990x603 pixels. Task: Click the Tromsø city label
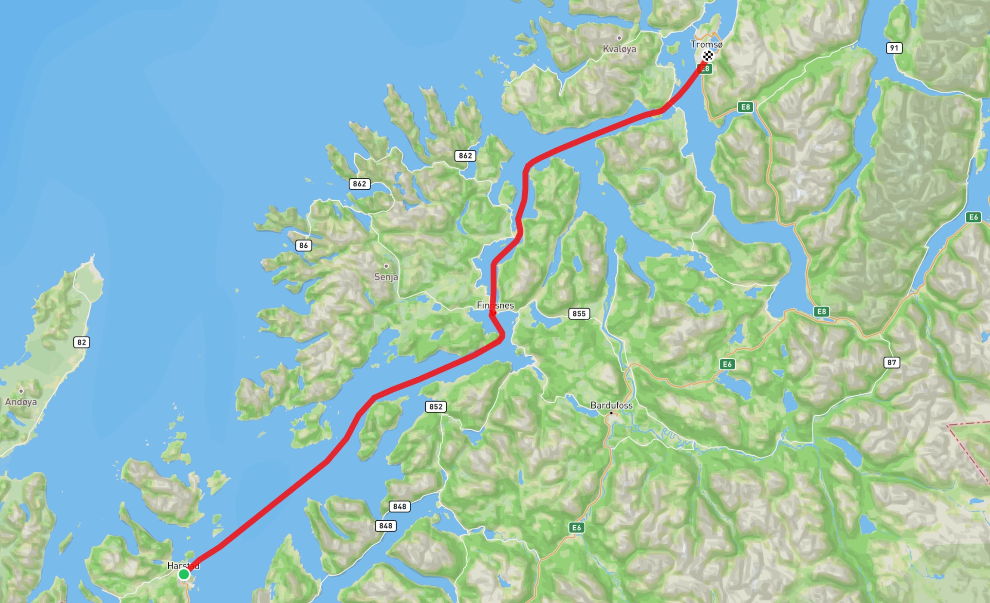point(706,44)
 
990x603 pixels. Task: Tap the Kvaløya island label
point(619,49)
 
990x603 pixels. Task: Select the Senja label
point(386,277)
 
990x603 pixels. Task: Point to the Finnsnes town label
point(495,305)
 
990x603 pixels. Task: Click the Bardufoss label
point(611,405)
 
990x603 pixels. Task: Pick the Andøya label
point(21,402)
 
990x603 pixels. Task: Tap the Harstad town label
point(183,566)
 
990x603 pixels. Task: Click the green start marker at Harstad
point(184,574)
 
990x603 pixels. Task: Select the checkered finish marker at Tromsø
point(708,56)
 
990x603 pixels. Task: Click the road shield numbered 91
point(894,48)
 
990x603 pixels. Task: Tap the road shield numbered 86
point(303,246)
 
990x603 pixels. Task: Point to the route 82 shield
point(81,342)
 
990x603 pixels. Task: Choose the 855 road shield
point(579,314)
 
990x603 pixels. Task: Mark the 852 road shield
point(436,407)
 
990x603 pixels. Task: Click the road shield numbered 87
point(891,362)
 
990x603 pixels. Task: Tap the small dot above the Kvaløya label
point(619,38)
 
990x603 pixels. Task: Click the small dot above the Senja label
point(386,266)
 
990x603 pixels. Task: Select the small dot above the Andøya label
point(21,391)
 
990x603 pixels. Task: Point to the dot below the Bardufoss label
point(611,413)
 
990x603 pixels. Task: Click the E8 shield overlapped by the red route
point(705,68)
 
